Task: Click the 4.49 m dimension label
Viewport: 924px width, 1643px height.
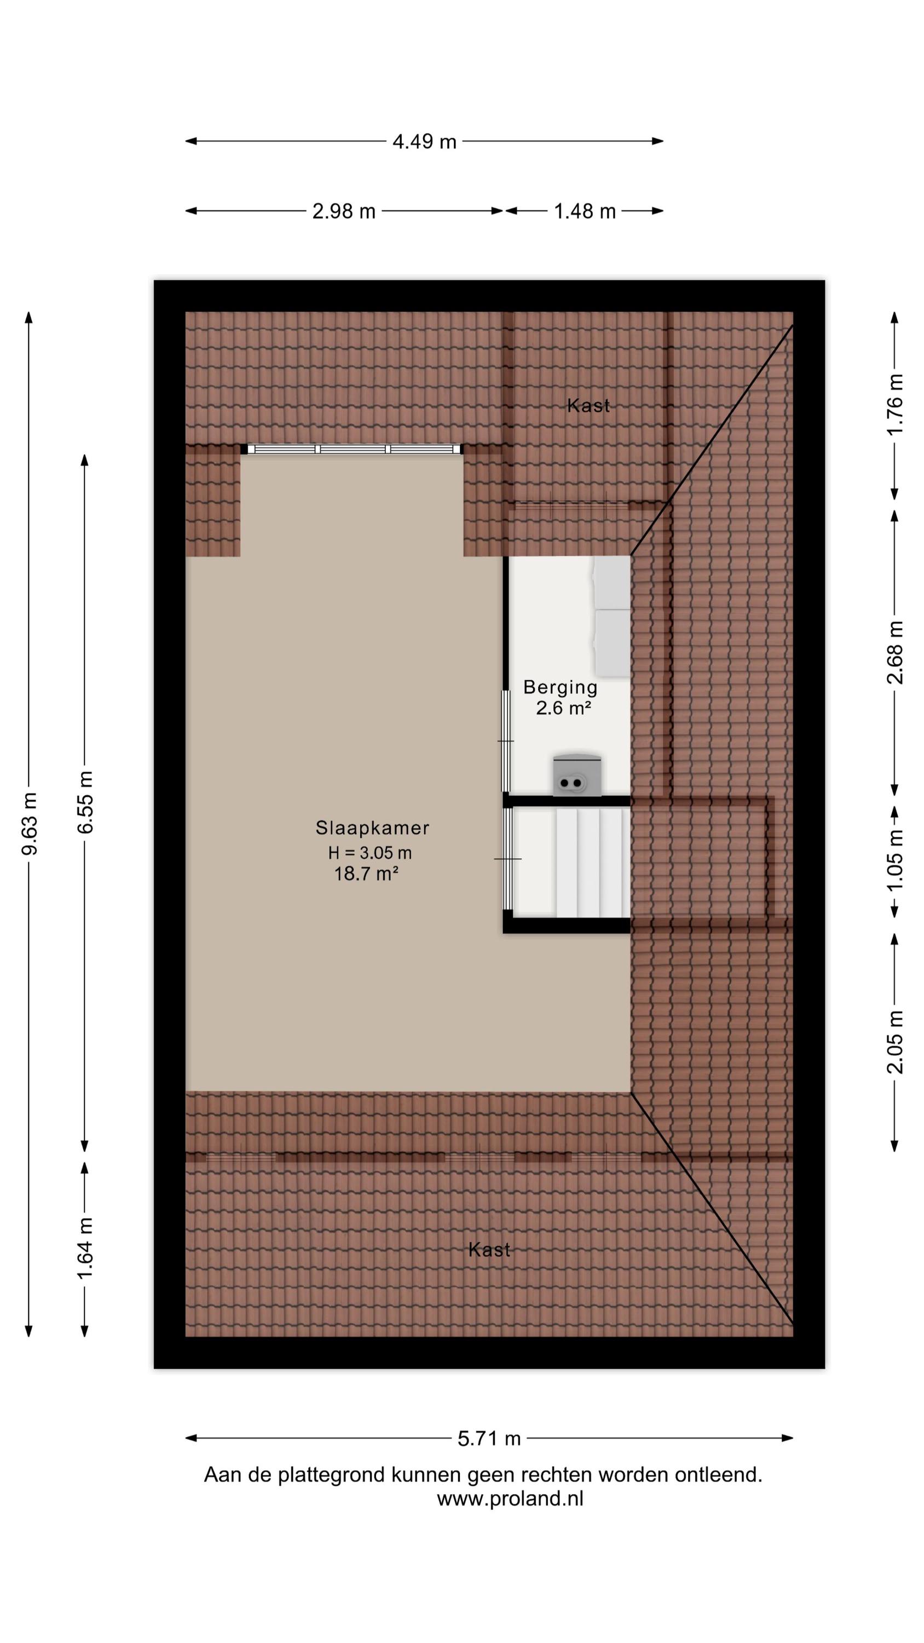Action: coord(424,142)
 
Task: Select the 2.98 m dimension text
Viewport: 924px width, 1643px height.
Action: coord(344,211)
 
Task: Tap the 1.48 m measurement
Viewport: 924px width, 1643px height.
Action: coord(585,211)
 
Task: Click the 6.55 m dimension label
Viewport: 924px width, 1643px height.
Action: coord(85,802)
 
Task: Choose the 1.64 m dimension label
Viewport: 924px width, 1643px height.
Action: coord(85,1248)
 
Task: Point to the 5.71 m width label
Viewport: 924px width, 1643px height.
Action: coord(489,1439)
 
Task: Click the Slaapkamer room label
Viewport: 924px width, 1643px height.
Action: coord(372,828)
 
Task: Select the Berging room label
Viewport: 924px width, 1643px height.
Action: coord(561,687)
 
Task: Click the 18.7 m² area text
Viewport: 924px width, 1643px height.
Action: coord(367,874)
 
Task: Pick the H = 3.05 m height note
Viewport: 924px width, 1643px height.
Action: coord(370,853)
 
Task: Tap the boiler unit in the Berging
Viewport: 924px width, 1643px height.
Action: coord(577,775)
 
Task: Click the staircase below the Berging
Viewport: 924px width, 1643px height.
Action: coord(571,863)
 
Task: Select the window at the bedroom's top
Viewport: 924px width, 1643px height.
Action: coord(351,449)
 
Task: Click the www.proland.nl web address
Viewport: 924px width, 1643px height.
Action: coord(510,1498)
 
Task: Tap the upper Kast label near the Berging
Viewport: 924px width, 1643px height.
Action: coord(588,406)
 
